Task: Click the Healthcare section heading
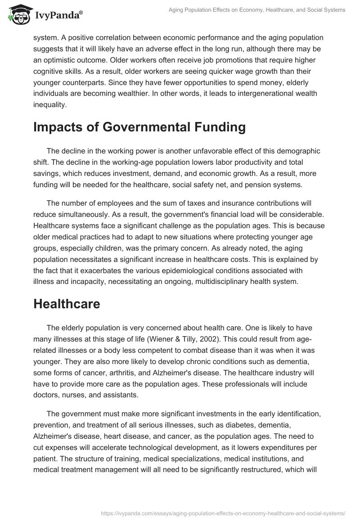(67, 304)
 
